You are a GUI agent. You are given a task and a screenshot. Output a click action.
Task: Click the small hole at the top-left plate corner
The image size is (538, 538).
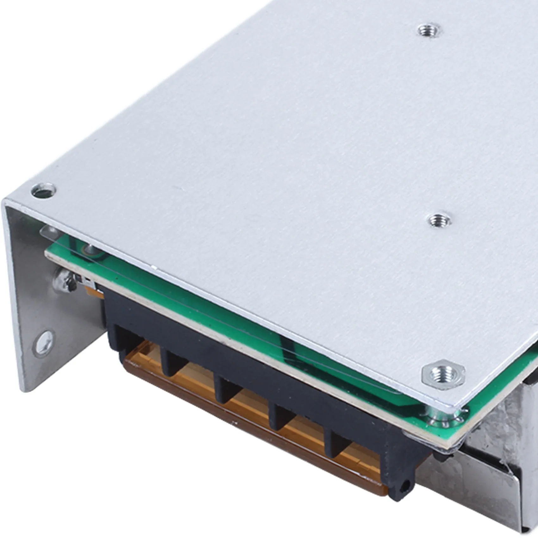[44, 191]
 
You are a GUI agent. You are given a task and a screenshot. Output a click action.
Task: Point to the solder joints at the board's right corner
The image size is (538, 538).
[443, 421]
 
